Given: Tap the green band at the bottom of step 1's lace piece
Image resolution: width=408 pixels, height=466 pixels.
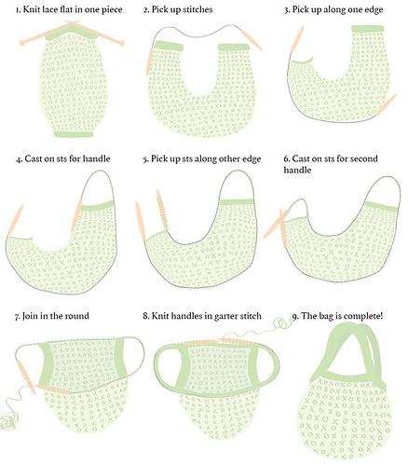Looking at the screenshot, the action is click(74, 134).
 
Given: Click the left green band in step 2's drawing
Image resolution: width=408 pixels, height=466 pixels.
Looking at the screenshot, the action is click(169, 46).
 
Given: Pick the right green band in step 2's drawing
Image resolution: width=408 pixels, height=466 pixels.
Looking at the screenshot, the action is click(234, 47).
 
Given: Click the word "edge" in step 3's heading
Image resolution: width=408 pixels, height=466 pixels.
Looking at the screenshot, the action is click(374, 10).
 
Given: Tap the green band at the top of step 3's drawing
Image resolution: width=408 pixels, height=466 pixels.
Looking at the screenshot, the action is click(368, 29).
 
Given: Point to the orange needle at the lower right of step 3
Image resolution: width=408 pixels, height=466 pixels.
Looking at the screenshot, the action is click(387, 104).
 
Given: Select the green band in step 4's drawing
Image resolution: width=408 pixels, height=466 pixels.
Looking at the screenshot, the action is click(98, 206).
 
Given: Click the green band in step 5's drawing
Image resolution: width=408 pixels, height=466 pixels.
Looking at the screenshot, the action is click(236, 202).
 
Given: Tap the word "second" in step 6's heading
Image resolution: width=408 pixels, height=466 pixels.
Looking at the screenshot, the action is click(364, 158).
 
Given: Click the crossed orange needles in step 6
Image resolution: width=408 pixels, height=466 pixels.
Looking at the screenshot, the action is click(279, 226).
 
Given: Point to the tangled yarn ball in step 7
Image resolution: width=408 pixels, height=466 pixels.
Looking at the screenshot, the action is click(7, 422).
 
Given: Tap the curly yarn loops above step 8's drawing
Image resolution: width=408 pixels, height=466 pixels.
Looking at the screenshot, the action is click(283, 323).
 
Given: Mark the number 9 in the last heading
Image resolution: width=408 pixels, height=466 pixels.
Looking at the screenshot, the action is click(295, 317).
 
